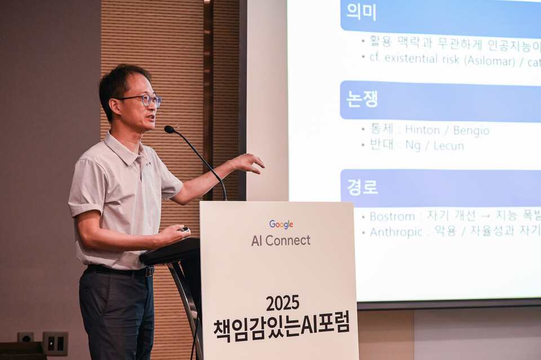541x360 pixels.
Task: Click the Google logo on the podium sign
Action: point(281,224)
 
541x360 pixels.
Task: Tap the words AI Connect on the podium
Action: point(281,241)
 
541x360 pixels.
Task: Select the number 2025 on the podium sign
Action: point(282,303)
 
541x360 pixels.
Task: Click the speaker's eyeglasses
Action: point(145,100)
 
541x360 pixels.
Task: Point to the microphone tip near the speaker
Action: point(169,129)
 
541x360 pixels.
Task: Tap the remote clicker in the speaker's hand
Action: point(184,229)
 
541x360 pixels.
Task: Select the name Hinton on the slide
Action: point(423,131)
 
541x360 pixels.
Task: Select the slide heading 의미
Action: point(361,11)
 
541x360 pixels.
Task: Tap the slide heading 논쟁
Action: point(362,98)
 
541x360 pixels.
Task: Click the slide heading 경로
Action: point(362,186)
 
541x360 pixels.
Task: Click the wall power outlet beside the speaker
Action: point(55,343)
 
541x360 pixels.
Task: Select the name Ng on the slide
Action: point(413,145)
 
